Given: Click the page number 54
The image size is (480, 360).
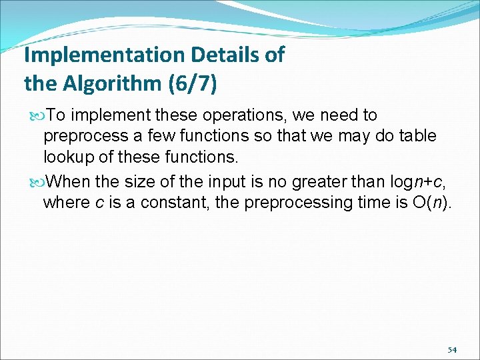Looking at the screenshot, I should click(452, 350).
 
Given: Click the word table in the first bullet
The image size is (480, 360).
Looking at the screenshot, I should click(418, 137).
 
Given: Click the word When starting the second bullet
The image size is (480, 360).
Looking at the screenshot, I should click(71, 181).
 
